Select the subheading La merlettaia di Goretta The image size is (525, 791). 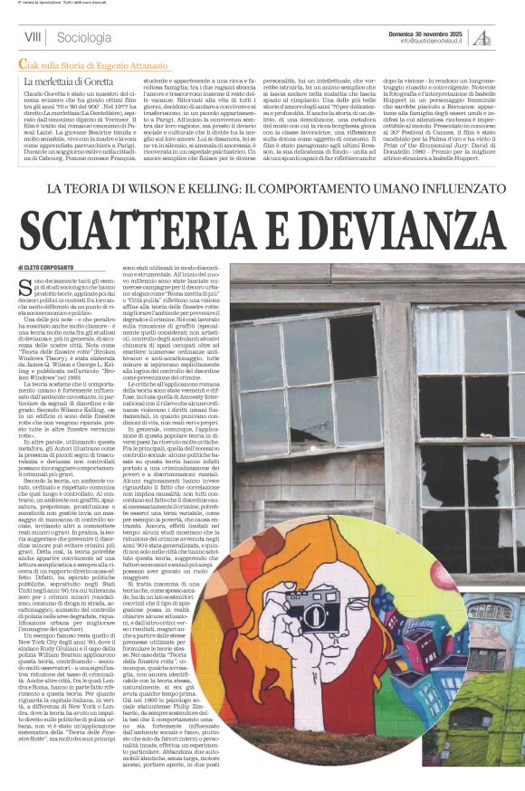pyautogui.click(x=69, y=81)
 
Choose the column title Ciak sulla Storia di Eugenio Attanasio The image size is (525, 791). pyautogui.click(x=99, y=63)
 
